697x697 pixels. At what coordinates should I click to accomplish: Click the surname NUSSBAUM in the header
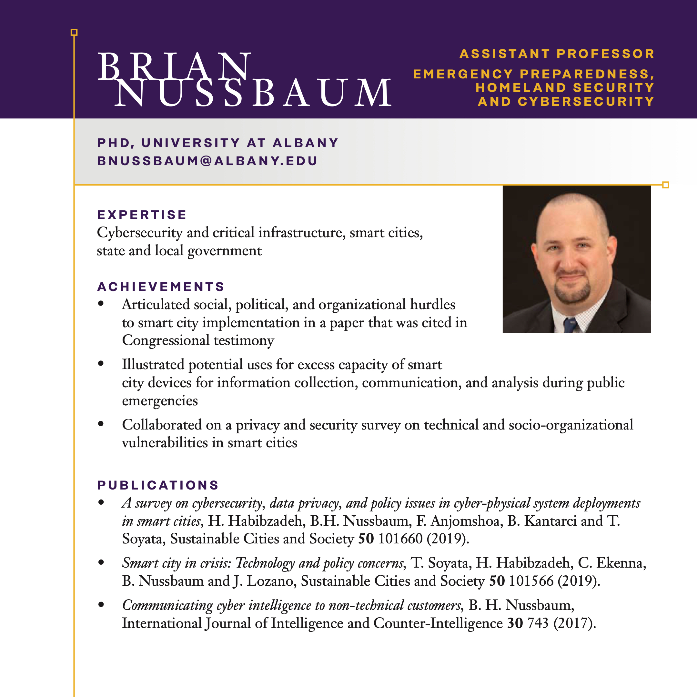tap(253, 93)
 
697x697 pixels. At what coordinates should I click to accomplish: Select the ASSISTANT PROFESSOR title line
tap(557, 54)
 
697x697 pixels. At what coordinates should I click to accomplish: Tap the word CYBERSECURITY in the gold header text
tap(586, 102)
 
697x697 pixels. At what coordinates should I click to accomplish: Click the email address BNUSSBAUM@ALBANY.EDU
tap(207, 161)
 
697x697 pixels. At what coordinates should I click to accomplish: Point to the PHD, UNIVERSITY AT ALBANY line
tap(217, 143)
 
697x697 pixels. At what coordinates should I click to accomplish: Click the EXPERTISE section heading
tap(141, 215)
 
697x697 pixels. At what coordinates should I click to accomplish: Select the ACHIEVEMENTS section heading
tap(161, 287)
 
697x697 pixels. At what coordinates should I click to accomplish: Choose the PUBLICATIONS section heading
tap(158, 485)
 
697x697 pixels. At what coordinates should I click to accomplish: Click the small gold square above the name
tap(74, 33)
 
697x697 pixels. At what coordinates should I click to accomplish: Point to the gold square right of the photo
tap(666, 185)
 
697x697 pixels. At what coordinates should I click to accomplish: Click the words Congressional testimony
tap(198, 340)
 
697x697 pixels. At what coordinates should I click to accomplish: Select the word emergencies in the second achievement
tap(160, 400)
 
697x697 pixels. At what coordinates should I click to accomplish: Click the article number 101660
tap(400, 539)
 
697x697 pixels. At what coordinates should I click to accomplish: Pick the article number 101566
tap(531, 581)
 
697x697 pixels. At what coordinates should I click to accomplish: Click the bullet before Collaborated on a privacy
tap(101, 424)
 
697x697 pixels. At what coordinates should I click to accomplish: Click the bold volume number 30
tap(515, 623)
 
